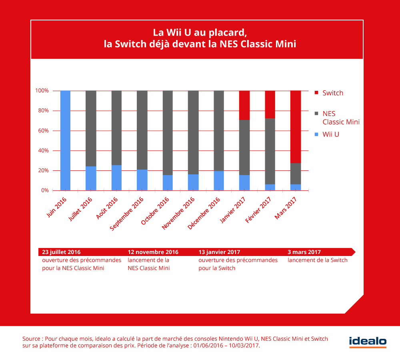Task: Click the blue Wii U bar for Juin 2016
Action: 65,140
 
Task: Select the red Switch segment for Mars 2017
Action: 296,127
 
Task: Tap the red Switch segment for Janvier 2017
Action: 244,105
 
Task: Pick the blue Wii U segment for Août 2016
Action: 116,178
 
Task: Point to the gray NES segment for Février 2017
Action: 270,151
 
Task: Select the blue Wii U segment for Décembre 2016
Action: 219,181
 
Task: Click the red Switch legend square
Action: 316,93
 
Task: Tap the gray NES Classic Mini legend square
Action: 316,114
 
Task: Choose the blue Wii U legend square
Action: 316,135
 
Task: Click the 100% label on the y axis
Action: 42,91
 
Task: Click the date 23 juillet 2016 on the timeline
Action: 61,252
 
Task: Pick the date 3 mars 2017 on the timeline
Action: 304,252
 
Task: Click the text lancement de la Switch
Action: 318,260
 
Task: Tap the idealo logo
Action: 368,342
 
